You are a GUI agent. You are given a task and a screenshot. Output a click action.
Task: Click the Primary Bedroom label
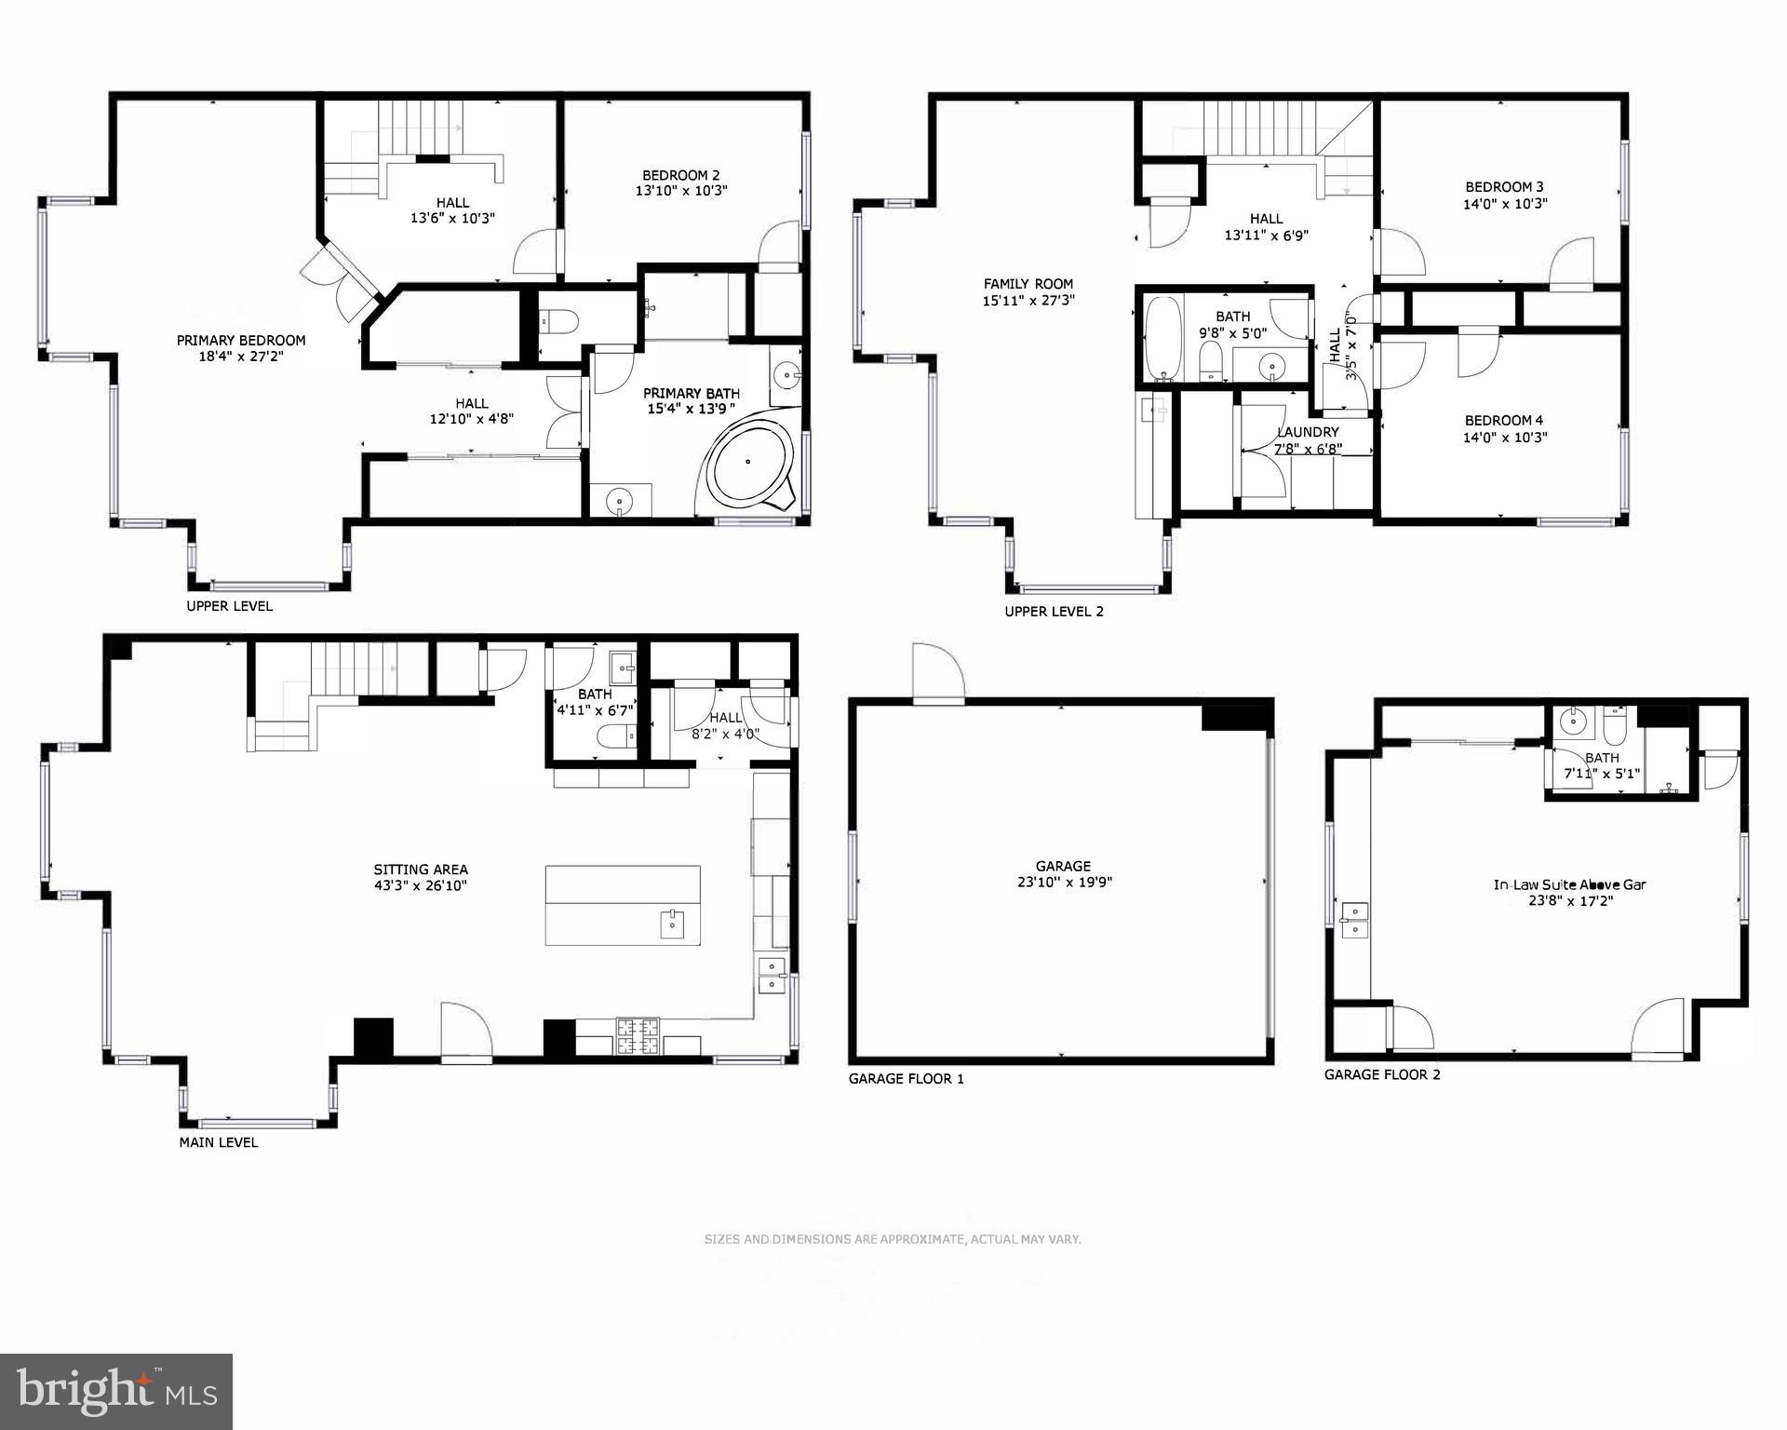tap(241, 341)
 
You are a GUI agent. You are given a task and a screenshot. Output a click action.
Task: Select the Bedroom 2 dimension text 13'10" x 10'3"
tap(679, 191)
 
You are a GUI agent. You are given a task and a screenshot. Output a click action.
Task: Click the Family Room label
tap(1028, 284)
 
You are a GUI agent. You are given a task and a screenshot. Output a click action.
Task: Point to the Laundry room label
tap(1308, 432)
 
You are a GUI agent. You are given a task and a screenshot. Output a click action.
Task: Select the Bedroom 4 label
tap(1504, 421)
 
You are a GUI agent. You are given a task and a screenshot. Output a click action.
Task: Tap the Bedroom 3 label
tap(1504, 186)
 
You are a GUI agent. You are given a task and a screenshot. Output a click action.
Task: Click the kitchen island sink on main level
tap(673, 924)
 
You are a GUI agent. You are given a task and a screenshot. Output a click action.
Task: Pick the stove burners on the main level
tap(638, 1036)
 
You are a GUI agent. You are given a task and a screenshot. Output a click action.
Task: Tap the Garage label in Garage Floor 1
tap(1062, 866)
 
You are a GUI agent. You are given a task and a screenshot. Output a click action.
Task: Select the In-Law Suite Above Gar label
tap(1569, 884)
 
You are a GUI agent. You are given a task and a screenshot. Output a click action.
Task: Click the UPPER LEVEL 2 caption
tap(1054, 612)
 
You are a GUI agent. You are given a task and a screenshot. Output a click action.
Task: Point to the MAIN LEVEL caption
tap(219, 1142)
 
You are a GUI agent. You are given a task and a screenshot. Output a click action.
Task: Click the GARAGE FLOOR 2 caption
tap(1382, 1074)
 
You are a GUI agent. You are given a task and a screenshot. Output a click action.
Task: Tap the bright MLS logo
tap(116, 1391)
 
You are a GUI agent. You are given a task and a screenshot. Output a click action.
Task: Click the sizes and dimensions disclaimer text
tap(892, 1239)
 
